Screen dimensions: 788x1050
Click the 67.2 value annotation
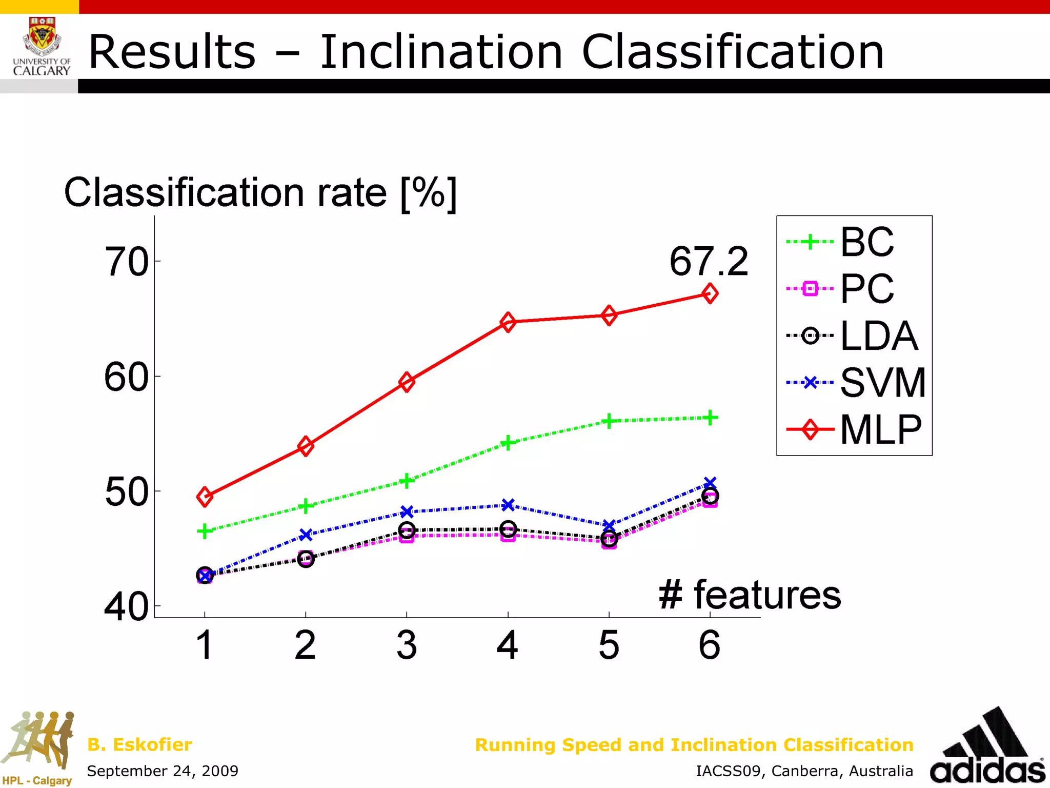tap(709, 262)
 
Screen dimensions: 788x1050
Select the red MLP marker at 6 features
tap(710, 293)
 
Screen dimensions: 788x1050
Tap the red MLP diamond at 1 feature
tap(205, 497)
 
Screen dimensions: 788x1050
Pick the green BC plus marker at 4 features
tap(508, 443)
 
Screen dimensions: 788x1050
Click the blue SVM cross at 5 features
tap(609, 526)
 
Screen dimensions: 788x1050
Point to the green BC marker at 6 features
tap(710, 418)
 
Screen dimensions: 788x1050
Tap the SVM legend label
tap(882, 383)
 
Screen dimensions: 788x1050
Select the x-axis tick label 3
tap(407, 645)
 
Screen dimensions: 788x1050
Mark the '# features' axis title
tap(750, 595)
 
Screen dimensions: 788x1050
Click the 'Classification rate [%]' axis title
tap(260, 193)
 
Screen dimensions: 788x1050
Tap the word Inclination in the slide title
tap(441, 52)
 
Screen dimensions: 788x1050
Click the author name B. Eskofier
tap(139, 744)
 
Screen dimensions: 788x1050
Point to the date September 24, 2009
tap(163, 771)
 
